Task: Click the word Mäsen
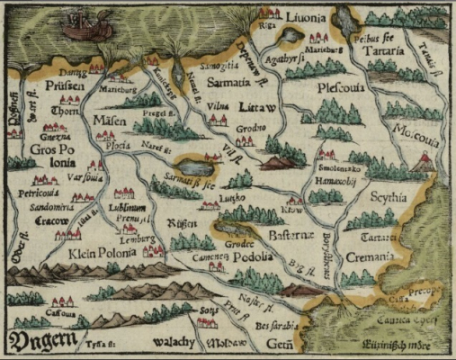point(109,120)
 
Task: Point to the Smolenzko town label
point(338,168)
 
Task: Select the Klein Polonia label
point(102,253)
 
